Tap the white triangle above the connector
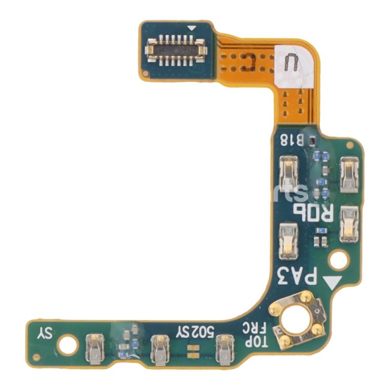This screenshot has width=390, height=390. tap(192, 29)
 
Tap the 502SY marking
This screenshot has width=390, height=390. tap(195, 332)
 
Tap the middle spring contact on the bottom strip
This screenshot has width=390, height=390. tap(159, 349)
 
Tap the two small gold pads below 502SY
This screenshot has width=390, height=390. tap(194, 348)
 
